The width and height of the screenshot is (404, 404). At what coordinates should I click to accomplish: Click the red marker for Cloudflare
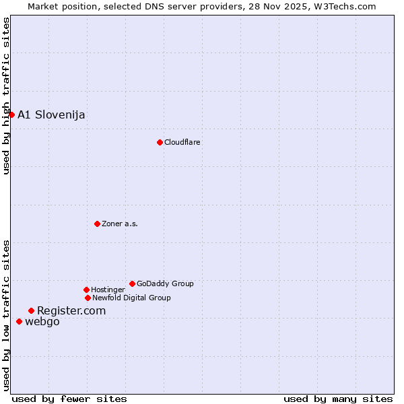tap(160, 142)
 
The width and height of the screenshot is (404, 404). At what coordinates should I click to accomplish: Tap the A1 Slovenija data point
tap(11, 114)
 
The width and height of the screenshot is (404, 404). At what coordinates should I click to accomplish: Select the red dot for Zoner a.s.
tap(97, 224)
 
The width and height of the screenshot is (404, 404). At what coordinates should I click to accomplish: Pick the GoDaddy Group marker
tap(132, 283)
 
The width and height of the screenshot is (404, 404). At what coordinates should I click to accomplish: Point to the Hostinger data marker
tap(86, 290)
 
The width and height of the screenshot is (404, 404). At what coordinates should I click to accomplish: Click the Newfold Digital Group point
tap(88, 298)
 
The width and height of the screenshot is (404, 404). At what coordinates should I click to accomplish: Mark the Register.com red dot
tap(31, 310)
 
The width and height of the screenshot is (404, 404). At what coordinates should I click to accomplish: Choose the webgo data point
tap(19, 321)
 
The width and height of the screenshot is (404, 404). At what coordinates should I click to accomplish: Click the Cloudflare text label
tap(182, 142)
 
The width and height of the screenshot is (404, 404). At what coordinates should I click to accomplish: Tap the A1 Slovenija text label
tap(51, 114)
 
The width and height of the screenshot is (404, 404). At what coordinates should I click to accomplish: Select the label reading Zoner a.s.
tap(120, 224)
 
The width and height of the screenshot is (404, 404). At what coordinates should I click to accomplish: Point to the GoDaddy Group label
tap(165, 283)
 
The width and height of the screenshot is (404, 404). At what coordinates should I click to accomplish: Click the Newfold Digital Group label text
tap(131, 298)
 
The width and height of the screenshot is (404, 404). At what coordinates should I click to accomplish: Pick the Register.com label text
tap(71, 310)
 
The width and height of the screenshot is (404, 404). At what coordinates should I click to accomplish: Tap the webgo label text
tap(42, 321)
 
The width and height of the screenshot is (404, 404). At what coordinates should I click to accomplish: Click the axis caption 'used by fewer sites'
tap(69, 399)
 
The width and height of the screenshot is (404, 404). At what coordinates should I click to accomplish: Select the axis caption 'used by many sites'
tap(338, 399)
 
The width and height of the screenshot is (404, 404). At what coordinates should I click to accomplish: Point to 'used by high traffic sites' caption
tap(6, 96)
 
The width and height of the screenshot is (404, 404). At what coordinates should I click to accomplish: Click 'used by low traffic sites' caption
tap(6, 315)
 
